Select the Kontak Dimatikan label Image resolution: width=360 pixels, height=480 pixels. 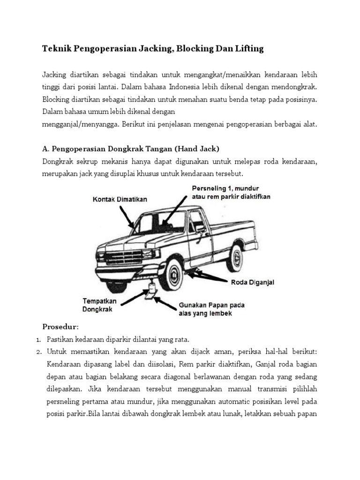(119, 199)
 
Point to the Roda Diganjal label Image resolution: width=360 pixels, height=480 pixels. (252, 282)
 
